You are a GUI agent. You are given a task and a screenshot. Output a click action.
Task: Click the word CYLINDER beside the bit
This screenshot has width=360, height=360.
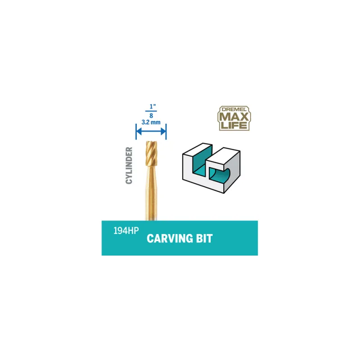(129, 166)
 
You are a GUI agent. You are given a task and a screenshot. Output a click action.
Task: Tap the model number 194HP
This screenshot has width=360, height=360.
(126, 231)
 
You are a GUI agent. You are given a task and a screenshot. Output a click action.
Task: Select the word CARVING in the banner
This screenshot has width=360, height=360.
(170, 238)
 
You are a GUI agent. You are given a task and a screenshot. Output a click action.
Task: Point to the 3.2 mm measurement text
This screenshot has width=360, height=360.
(151, 122)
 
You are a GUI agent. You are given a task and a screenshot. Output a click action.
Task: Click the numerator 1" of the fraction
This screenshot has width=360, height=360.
(153, 107)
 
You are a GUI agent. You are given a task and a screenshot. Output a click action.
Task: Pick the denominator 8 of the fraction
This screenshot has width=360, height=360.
(151, 116)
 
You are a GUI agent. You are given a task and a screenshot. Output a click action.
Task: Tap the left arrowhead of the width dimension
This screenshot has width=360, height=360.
(139, 131)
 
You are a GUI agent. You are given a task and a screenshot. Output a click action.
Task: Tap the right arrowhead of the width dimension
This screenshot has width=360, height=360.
(163, 131)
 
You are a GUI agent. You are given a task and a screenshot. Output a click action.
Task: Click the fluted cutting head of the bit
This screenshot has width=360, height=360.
(152, 153)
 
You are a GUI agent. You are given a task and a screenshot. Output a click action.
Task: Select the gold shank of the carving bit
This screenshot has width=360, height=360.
(151, 193)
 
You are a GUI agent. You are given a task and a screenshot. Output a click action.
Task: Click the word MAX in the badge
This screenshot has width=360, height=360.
(234, 117)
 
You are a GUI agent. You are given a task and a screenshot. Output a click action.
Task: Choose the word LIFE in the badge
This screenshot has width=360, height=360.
(234, 126)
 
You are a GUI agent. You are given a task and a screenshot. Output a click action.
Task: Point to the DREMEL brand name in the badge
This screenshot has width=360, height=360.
(234, 109)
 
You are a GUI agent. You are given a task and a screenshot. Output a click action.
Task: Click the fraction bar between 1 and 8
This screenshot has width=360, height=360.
(151, 111)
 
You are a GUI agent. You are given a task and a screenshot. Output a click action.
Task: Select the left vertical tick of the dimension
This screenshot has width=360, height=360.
(136, 131)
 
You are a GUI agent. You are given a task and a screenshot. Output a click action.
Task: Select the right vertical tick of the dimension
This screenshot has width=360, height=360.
(166, 131)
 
